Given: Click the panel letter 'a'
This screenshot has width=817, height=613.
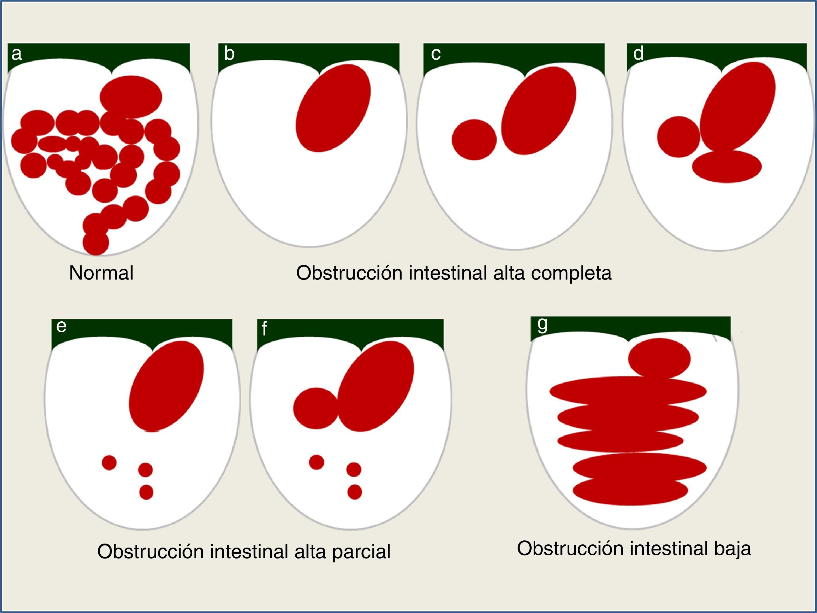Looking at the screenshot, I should click(x=17, y=54).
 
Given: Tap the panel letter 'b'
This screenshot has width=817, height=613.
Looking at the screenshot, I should click(x=229, y=54).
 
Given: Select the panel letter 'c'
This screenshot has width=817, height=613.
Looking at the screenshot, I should click(x=436, y=54).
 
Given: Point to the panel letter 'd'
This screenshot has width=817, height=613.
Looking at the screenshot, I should click(x=639, y=54).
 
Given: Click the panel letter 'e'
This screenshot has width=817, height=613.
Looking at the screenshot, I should click(x=61, y=326).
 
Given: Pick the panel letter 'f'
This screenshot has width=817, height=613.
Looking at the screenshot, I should click(x=264, y=329).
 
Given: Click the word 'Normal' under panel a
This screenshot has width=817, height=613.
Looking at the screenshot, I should click(x=101, y=273).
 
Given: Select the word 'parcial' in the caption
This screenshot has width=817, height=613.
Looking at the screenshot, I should click(x=361, y=552).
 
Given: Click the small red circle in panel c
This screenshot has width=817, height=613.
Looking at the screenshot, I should click(x=474, y=139).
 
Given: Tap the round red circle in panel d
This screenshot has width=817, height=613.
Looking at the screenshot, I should click(x=679, y=137).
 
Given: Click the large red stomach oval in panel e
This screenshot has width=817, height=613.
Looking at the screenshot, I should click(x=166, y=386).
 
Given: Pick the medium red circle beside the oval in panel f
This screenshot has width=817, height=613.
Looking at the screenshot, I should click(x=316, y=408).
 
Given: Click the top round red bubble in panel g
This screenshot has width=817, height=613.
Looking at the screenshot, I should click(x=659, y=358).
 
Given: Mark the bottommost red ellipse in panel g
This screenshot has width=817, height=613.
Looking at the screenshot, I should click(x=630, y=491).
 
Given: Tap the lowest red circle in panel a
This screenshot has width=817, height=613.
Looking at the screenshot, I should click(x=96, y=243).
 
